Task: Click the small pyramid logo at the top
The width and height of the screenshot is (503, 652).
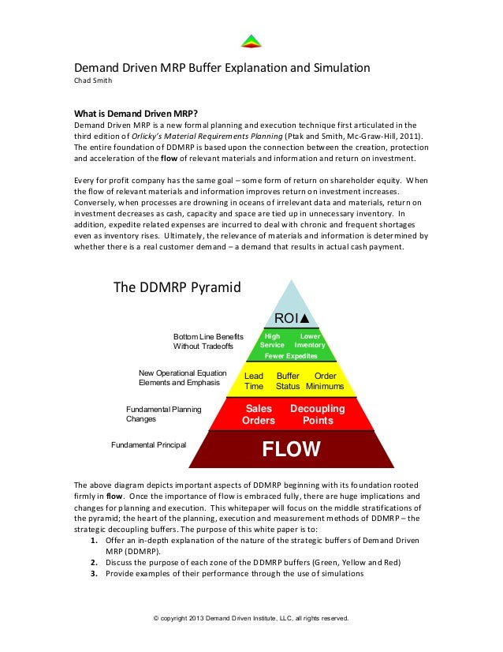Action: (251, 41)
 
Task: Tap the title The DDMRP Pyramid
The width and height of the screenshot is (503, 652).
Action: (177, 287)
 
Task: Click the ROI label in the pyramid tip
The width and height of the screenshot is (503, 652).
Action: (291, 318)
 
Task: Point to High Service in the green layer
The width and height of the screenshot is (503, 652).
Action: (272, 340)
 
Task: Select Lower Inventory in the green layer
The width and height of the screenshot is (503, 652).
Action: (310, 340)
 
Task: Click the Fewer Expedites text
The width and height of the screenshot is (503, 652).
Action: (291, 356)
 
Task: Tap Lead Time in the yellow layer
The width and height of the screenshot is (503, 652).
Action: (254, 381)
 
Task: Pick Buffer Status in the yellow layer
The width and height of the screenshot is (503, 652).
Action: (288, 381)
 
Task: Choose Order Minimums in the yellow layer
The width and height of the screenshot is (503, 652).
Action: (325, 381)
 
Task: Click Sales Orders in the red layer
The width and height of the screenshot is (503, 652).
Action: (259, 414)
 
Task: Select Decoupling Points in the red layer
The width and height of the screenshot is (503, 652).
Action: (318, 414)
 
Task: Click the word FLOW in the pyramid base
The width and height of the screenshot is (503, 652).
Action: (291, 450)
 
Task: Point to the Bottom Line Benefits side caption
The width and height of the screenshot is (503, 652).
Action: (208, 342)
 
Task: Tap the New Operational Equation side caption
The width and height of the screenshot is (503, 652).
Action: (182, 377)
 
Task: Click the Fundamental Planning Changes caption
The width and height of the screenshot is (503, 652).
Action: (163, 414)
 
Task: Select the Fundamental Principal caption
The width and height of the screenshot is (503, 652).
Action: (148, 445)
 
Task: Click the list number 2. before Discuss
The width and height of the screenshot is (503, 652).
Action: (93, 562)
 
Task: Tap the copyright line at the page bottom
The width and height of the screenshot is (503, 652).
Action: (251, 617)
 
